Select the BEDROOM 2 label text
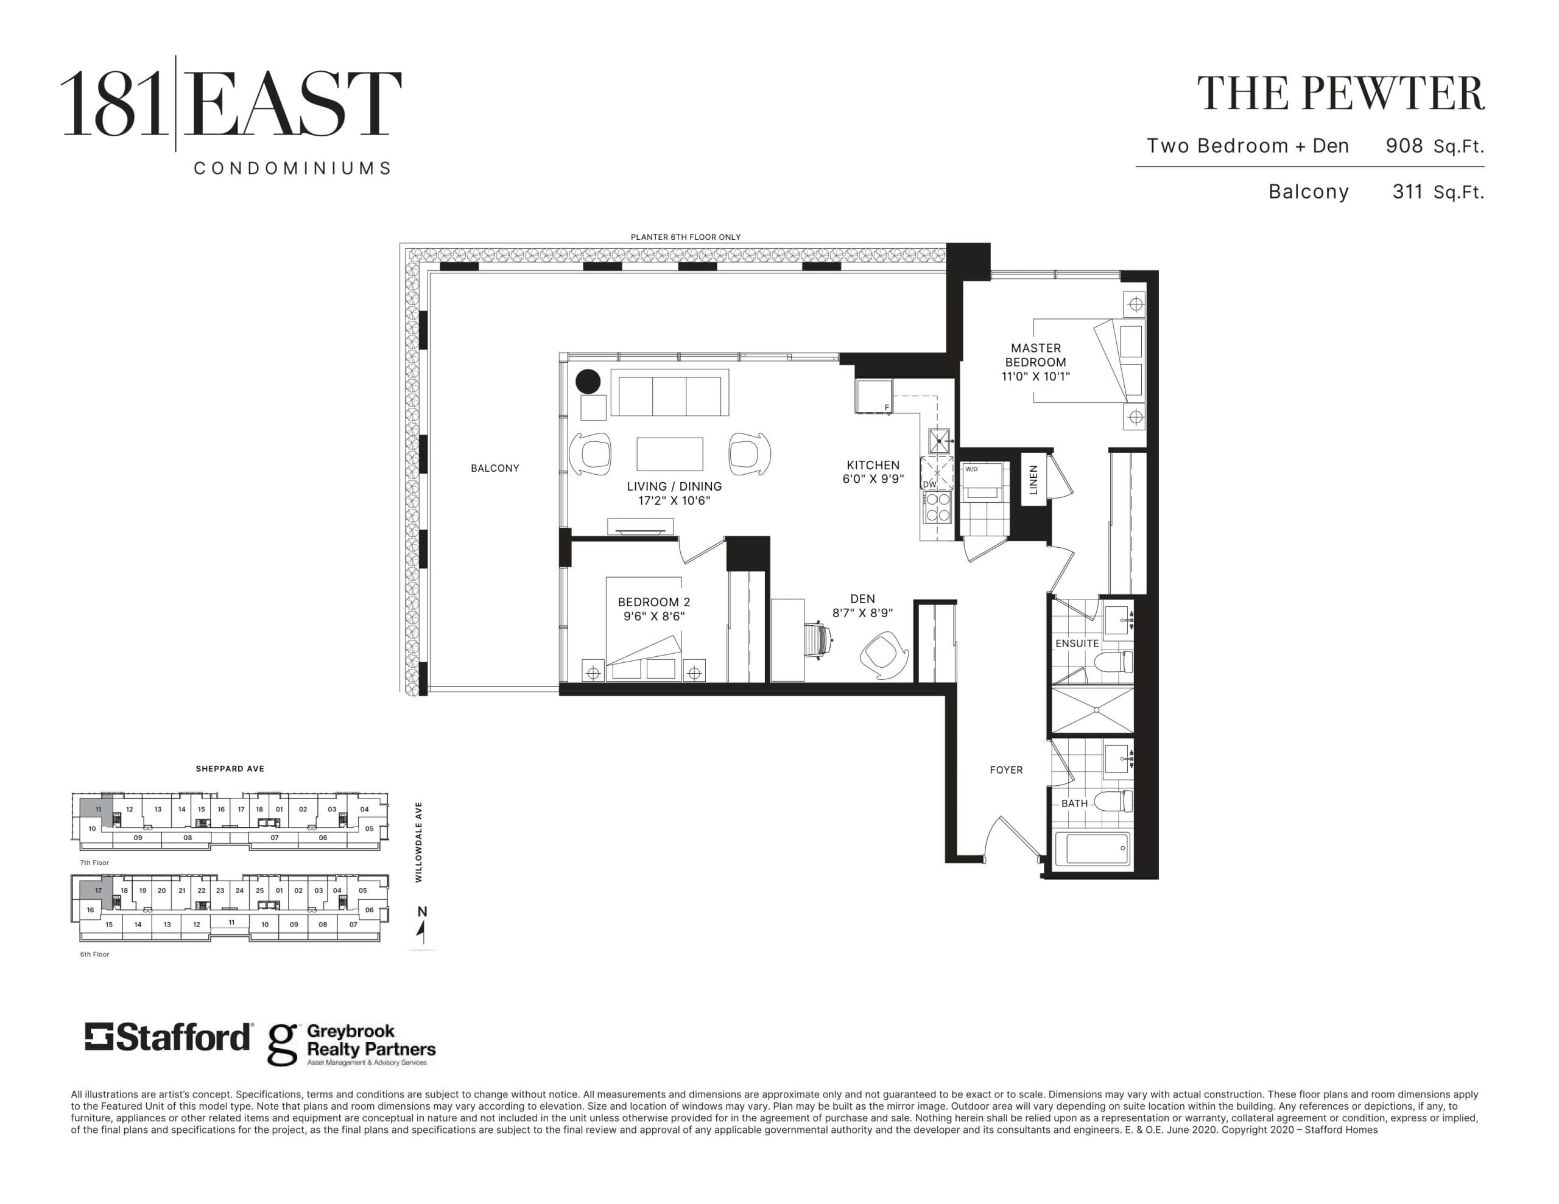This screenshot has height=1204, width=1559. click(653, 608)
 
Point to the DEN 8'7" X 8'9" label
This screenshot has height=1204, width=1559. click(862, 605)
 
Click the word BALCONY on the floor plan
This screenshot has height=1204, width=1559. click(494, 468)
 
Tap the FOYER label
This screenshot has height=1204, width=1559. click(1006, 769)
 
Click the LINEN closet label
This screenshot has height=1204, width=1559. click(1033, 480)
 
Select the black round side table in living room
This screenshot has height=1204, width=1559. click(588, 381)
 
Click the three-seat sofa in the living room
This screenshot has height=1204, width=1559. click(669, 393)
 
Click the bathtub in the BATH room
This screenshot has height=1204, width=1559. click(1097, 849)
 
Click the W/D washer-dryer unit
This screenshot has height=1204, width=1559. click(984, 485)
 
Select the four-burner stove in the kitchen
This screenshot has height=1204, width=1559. click(937, 506)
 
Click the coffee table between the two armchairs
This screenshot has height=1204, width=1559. click(669, 454)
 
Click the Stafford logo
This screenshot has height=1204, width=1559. click(169, 1037)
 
